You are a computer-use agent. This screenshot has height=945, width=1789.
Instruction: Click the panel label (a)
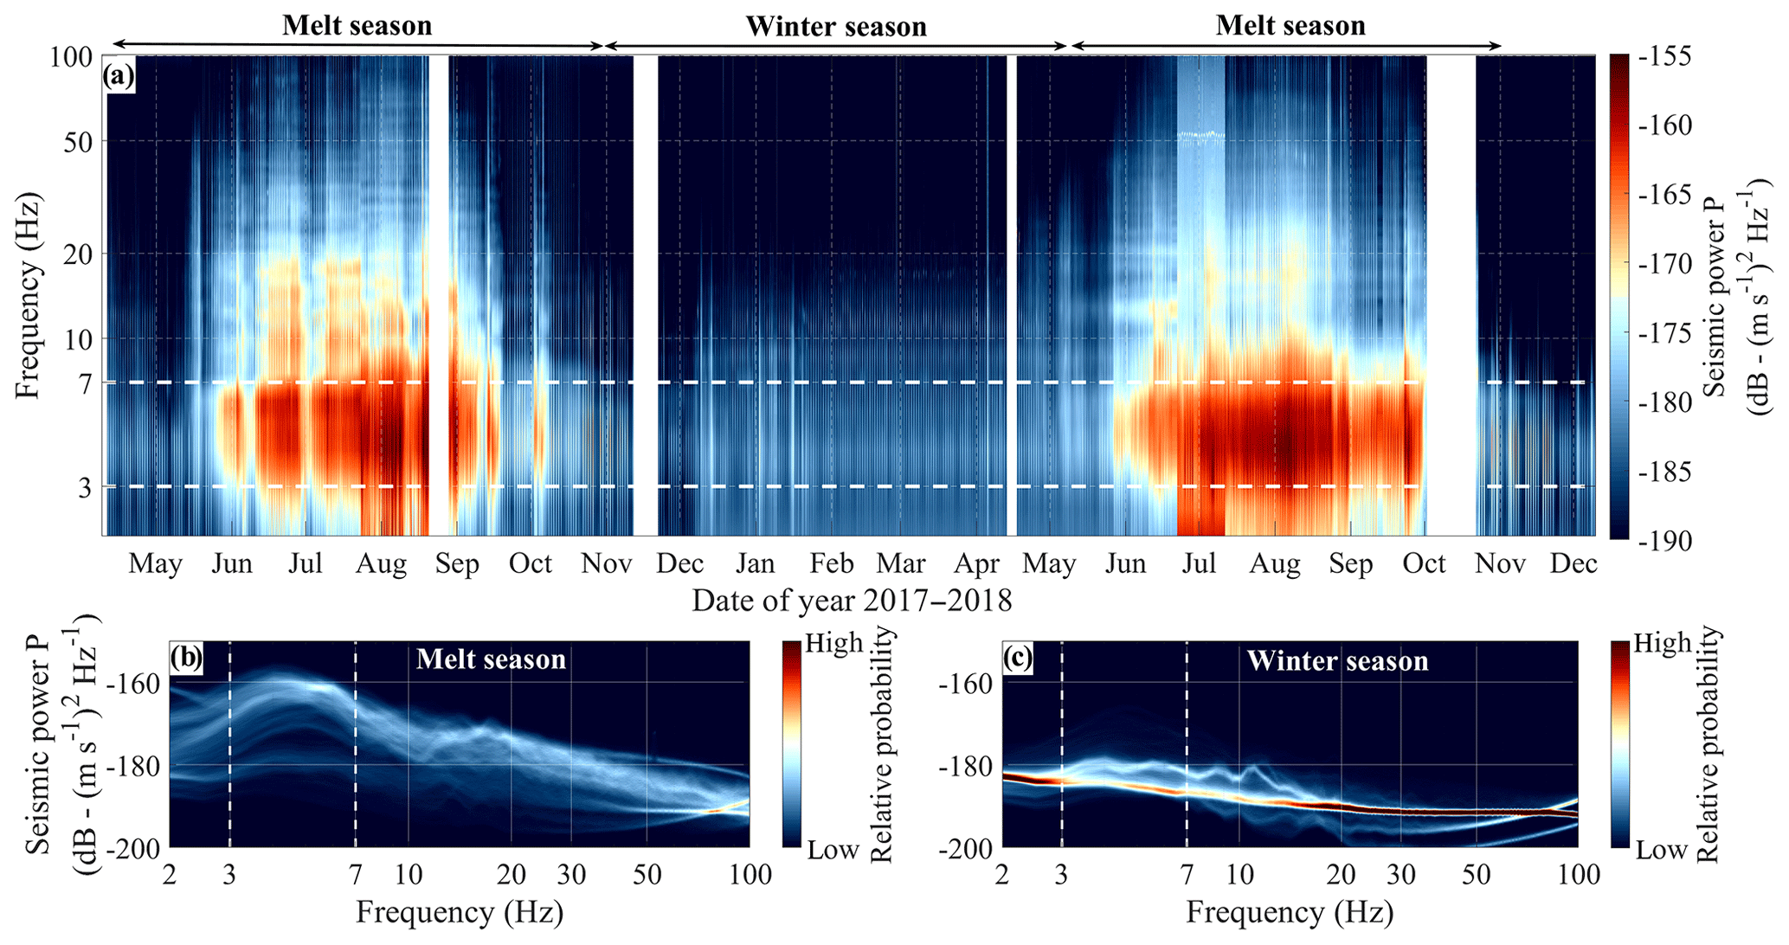point(119,76)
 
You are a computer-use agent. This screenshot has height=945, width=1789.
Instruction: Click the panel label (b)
point(185,659)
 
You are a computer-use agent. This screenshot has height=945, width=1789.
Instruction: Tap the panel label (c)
point(1017,659)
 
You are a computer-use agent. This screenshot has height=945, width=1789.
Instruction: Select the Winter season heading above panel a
point(836,27)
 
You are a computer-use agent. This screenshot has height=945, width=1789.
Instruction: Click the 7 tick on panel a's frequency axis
point(85,382)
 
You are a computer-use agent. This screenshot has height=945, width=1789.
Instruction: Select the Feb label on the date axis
point(832,564)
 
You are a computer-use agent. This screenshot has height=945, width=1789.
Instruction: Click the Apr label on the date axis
point(977,564)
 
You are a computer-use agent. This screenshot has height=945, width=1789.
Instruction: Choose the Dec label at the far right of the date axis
point(1573,564)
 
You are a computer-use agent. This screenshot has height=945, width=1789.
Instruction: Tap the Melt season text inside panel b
point(491,659)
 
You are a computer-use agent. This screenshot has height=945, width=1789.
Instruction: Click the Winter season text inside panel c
point(1337,661)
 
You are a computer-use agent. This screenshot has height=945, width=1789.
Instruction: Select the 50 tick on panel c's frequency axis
point(1475,875)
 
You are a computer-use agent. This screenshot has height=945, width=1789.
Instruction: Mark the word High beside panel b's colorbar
point(834,644)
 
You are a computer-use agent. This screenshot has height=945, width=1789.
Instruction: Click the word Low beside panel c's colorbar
point(1661,850)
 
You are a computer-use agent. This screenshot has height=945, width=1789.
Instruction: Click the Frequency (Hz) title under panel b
point(459,912)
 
